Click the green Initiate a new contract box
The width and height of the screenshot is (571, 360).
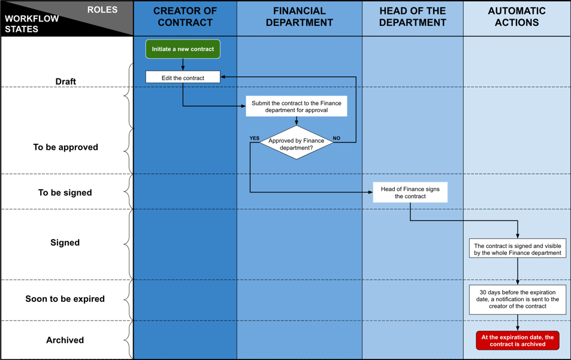(x=183, y=49)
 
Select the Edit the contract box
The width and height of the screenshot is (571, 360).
(x=183, y=77)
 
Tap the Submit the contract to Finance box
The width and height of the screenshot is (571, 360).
(x=297, y=106)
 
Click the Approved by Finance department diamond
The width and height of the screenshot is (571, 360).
(x=297, y=143)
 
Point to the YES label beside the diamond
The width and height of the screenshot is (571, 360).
(x=255, y=138)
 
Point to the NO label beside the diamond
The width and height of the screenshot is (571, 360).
(x=337, y=138)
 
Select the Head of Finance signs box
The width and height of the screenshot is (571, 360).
(x=410, y=192)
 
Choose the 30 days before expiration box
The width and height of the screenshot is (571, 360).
(x=518, y=300)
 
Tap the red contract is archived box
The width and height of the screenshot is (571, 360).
(x=518, y=340)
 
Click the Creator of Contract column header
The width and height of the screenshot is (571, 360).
(x=185, y=17)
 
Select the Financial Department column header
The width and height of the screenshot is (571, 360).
(x=300, y=17)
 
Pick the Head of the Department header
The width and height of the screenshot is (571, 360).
(x=413, y=17)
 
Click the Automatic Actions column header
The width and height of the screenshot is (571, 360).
(x=516, y=17)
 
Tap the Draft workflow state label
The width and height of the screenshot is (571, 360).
(x=65, y=81)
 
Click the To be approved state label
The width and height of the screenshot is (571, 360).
(x=65, y=147)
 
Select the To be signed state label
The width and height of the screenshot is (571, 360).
(x=65, y=192)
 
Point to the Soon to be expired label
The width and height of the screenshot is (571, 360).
(x=65, y=299)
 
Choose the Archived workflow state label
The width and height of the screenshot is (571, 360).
(x=65, y=340)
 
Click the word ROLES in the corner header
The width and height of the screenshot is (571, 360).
(x=102, y=10)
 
